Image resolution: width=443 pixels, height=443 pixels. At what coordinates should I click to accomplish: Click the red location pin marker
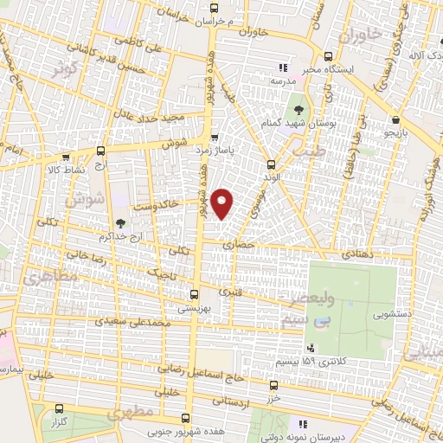(223, 202)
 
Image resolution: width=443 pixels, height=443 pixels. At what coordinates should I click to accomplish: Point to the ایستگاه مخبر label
(325, 66)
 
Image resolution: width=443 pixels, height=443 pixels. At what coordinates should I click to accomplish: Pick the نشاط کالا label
(66, 170)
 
